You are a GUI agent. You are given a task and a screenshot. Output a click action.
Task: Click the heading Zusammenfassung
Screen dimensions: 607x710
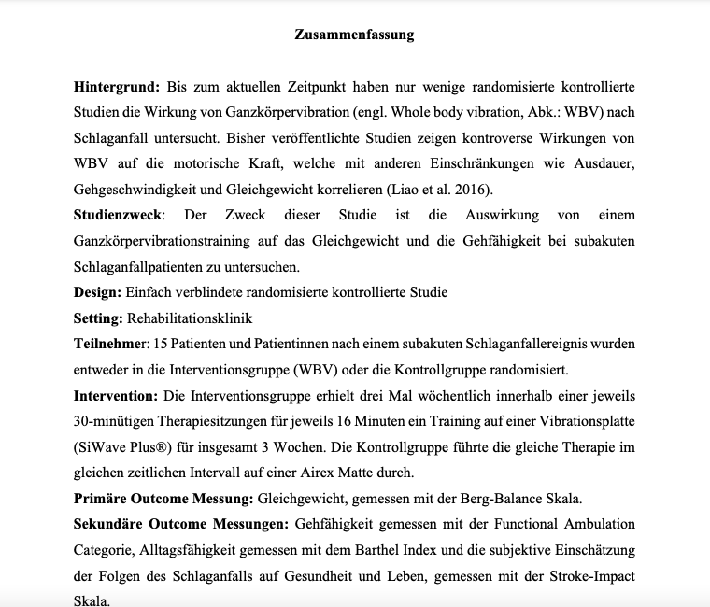point(354,35)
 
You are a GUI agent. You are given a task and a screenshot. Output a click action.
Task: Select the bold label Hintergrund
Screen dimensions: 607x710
point(116,88)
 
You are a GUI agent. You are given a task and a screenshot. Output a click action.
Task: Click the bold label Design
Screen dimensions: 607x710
point(96,292)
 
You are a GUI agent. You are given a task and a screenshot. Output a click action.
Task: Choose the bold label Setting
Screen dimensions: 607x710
point(98,318)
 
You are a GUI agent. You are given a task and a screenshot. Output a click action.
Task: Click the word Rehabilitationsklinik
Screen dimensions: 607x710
point(190,318)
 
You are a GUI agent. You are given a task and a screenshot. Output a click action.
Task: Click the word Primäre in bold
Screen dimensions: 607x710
point(102,498)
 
